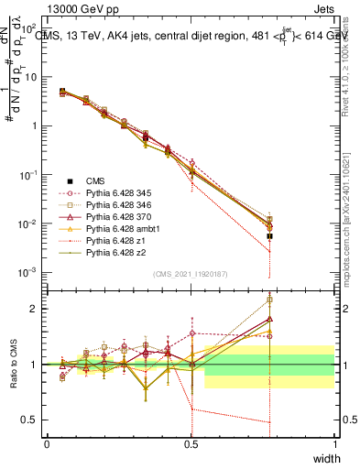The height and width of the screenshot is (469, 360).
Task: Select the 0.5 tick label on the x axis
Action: click(x=191, y=443)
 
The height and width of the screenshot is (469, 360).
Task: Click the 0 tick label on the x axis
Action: click(x=48, y=443)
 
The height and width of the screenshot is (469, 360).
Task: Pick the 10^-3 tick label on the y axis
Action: click(x=27, y=272)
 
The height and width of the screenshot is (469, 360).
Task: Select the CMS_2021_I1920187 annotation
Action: click(x=191, y=274)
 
